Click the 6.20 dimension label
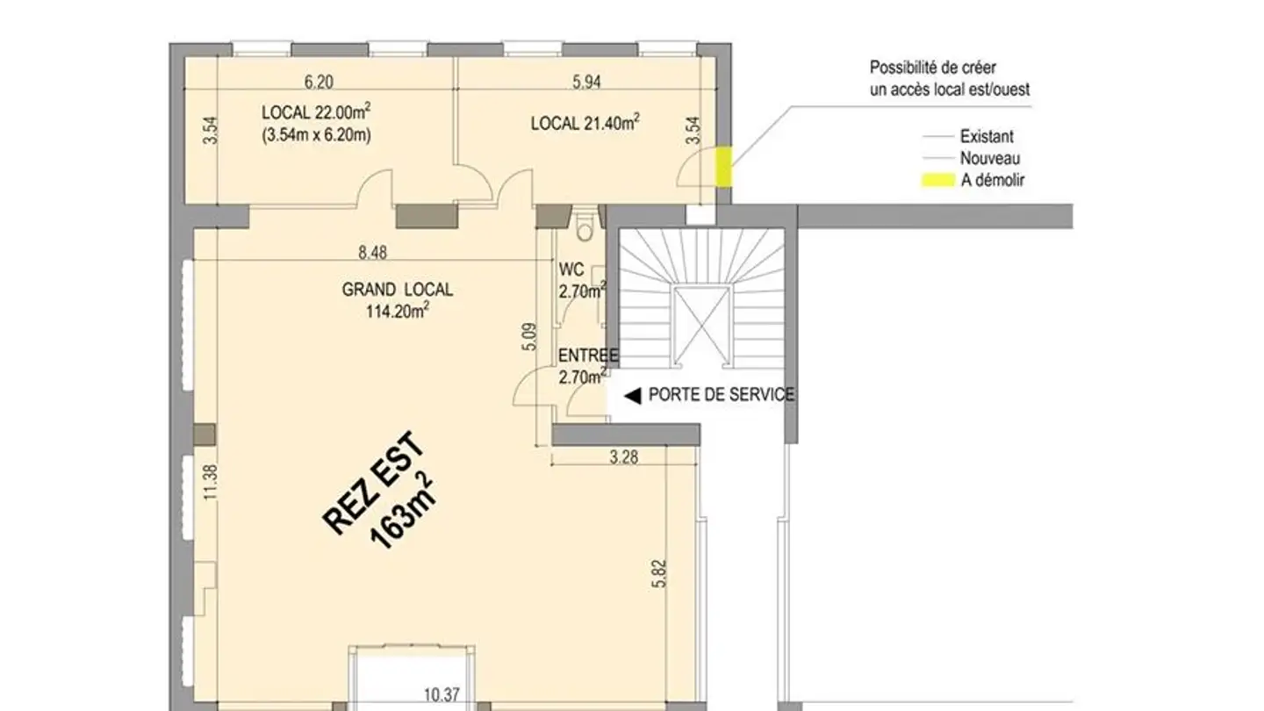click(319, 83)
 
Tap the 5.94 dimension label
click(587, 83)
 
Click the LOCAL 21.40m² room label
click(585, 124)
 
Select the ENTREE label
click(588, 356)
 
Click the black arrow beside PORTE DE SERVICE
click(631, 395)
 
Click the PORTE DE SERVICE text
click(721, 395)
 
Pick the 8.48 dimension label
click(373, 254)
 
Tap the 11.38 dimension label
click(208, 482)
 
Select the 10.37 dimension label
click(441, 696)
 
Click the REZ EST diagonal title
click(375, 482)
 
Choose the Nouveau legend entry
click(990, 159)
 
